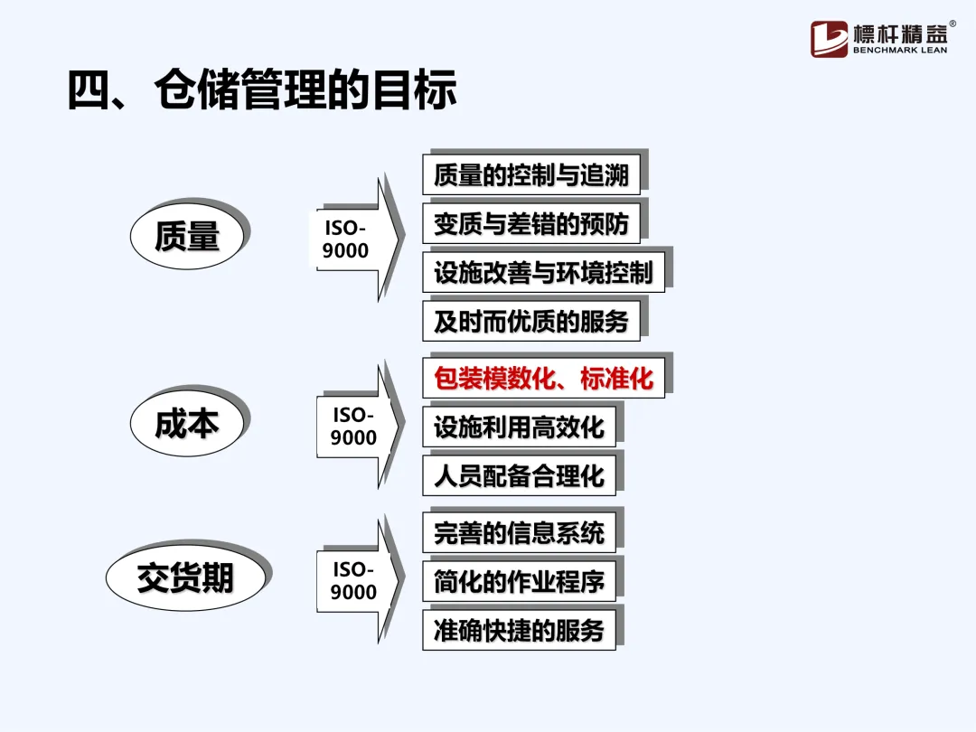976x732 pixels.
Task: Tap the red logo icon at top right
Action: coord(829,39)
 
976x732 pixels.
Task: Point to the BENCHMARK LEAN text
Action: coord(900,51)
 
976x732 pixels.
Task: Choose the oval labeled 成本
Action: coord(187,423)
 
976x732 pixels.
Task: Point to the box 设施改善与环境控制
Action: coord(543,273)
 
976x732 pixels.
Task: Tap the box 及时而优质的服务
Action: coord(530,322)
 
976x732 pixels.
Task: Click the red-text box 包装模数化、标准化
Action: coord(543,379)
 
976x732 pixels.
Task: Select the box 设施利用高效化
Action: coord(519,427)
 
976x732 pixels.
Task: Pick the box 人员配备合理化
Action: coord(519,476)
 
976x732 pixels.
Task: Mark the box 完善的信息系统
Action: coord(519,533)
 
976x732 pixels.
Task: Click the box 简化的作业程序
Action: coord(519,582)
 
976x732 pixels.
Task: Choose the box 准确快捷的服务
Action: coord(519,631)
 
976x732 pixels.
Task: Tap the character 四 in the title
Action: coord(89,90)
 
